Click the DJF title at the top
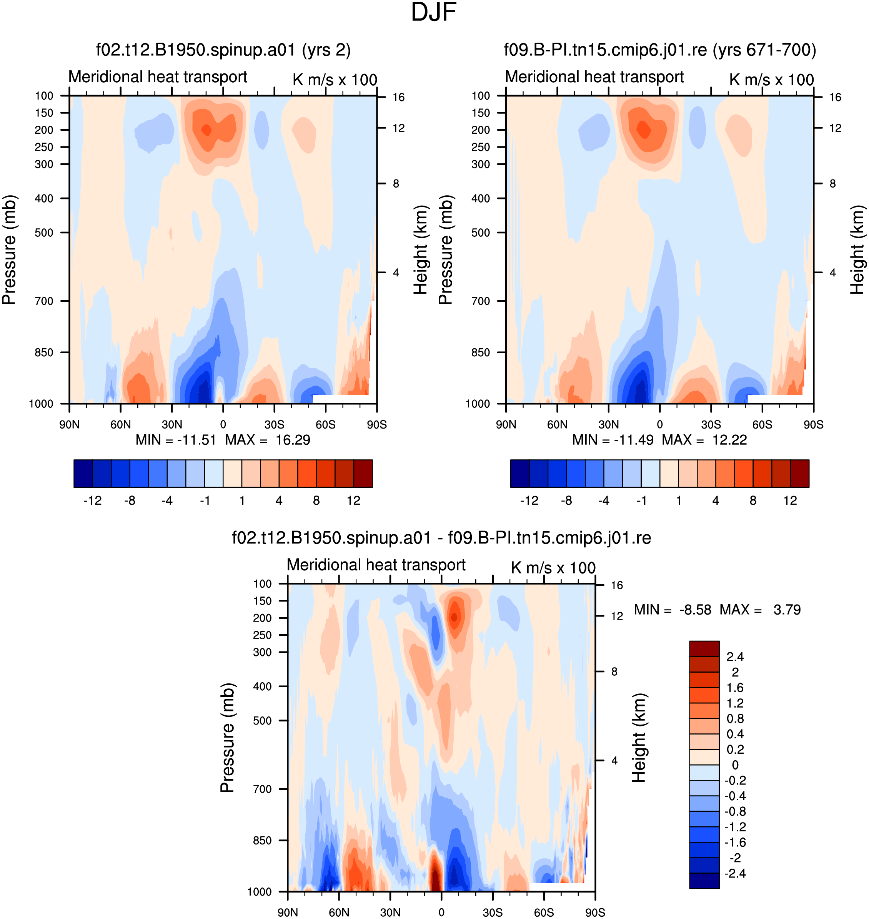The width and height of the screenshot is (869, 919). point(434,13)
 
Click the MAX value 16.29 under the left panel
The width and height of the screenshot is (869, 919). point(293,440)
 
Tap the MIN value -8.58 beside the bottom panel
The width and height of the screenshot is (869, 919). point(695,610)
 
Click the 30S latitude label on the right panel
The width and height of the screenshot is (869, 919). point(711,425)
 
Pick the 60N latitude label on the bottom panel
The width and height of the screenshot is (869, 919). point(339,912)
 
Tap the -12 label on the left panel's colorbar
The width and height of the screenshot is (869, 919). point(93,500)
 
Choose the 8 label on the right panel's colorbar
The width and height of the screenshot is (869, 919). point(753,500)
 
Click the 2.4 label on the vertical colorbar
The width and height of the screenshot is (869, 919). point(735,657)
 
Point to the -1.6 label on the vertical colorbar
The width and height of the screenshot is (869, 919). point(735,843)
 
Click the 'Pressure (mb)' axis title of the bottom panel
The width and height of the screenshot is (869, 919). point(228,738)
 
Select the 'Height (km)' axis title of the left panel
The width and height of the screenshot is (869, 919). point(421,250)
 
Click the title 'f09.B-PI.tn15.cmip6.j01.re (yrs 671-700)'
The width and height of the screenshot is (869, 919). point(660,50)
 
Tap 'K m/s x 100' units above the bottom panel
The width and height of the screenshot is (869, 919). point(553,568)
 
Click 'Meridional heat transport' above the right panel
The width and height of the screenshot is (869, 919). point(594,76)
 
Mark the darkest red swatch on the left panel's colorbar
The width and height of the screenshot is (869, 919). point(363,473)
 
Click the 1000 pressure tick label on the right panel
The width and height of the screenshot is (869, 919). point(478,404)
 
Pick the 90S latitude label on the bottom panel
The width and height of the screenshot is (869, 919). point(595,912)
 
